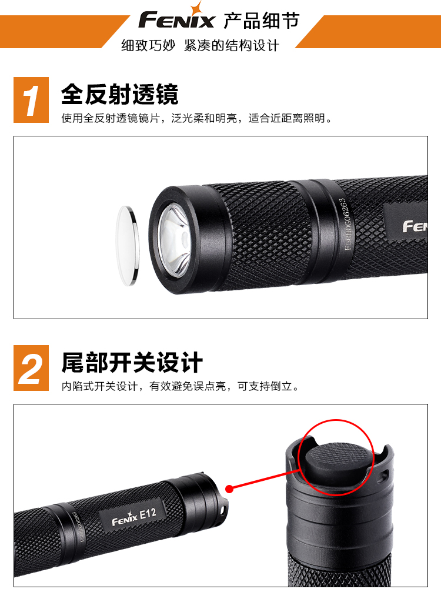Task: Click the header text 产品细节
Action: point(261,20)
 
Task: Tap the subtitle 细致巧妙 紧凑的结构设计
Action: point(200,45)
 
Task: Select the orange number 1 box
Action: point(31,100)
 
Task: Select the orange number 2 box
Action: point(31,367)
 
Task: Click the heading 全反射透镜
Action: point(119,94)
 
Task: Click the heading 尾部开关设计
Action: point(132,362)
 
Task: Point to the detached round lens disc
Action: point(127,245)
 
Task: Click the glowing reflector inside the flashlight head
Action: point(175,240)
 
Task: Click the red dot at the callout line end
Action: point(229,488)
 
